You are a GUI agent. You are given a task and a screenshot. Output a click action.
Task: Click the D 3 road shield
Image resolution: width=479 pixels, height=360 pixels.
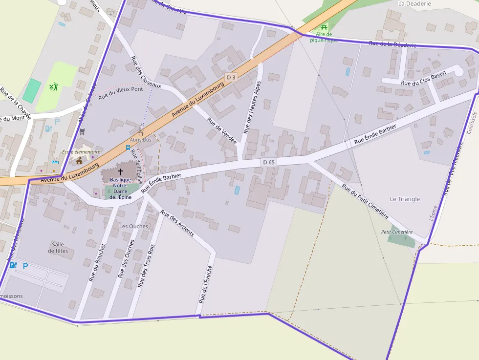tap(231, 77)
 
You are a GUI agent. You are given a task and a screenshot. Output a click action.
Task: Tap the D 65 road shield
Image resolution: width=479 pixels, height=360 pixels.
tap(269, 162)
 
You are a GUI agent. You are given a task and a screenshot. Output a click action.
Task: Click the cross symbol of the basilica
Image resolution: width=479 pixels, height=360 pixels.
tap(120, 172)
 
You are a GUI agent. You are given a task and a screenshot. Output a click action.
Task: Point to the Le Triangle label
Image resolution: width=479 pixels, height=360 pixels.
tap(405, 199)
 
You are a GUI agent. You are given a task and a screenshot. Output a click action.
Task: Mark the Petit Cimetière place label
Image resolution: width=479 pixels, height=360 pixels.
tap(397, 232)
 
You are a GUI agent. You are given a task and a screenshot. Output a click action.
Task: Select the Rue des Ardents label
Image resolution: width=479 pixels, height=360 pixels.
tap(177, 223)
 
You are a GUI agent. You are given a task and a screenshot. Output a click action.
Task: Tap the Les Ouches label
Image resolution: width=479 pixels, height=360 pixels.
tap(133, 226)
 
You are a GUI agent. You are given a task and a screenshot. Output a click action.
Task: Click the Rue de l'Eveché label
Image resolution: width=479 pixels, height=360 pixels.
tap(206, 283)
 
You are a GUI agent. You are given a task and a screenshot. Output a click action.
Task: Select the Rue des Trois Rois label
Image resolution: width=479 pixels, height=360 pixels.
tap(146, 266)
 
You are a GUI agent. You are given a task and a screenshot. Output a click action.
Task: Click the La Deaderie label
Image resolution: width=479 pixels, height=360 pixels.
tap(414, 3)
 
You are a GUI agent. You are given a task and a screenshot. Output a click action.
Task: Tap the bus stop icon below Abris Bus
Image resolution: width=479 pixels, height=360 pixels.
tap(128, 148)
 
